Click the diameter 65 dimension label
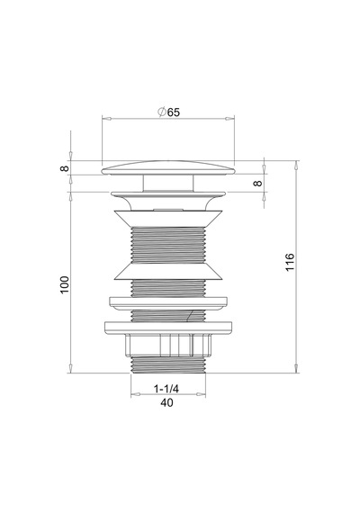tap(168, 112)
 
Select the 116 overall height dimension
tap(290, 262)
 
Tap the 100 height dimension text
tap(65, 284)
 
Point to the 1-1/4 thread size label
tap(166, 389)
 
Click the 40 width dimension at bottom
tap(166, 402)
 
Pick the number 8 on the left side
tap(65, 168)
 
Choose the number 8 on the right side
tap(258, 184)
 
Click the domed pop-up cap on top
tap(168, 167)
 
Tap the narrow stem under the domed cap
tap(168, 184)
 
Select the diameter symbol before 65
tap(161, 112)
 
